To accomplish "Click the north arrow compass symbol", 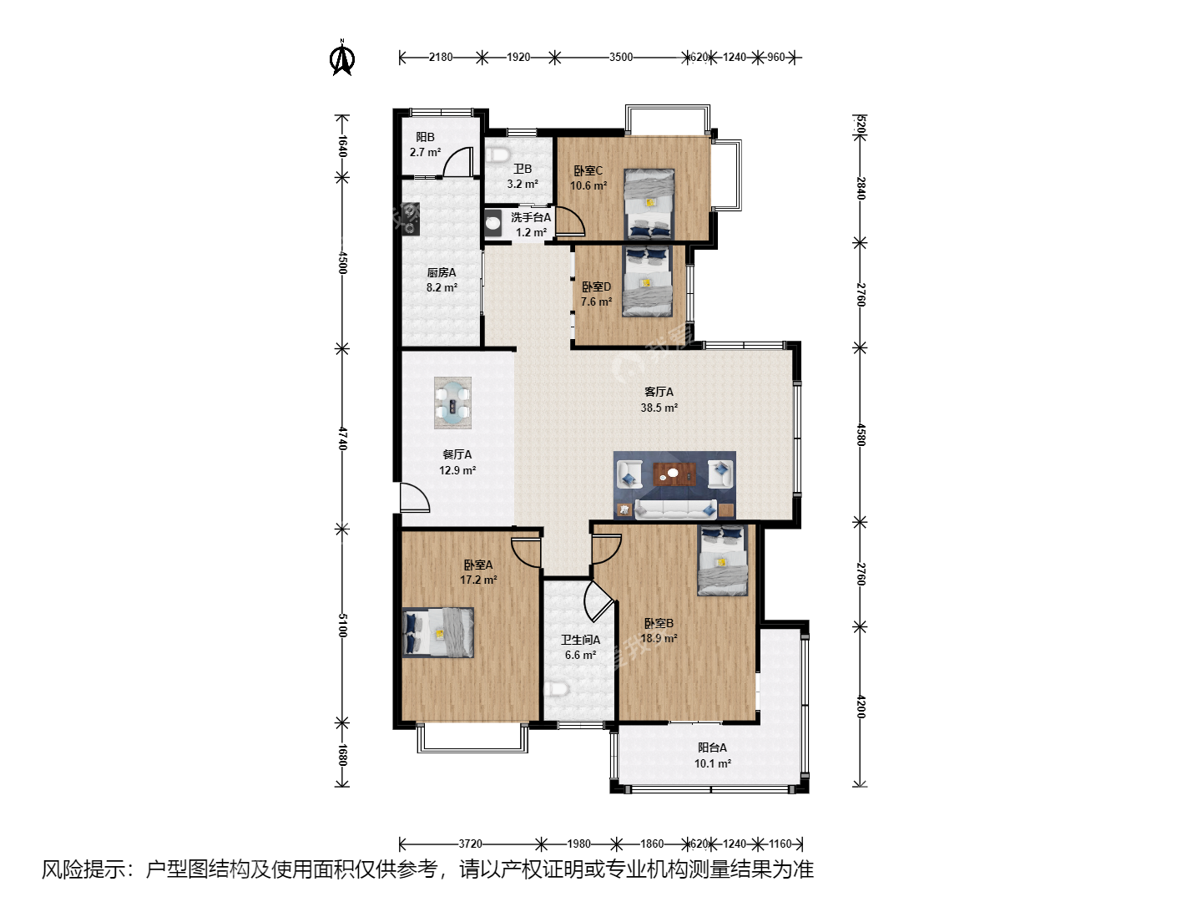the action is [x=341, y=58].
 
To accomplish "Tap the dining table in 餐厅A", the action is [x=453, y=403].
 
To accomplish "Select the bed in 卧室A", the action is [x=438, y=632].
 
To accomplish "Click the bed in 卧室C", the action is [x=649, y=204].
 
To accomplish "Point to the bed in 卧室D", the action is [x=647, y=281].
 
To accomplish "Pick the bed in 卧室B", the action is [x=722, y=560].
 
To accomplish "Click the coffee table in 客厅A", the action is [x=674, y=474].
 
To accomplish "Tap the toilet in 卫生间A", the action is [x=557, y=688].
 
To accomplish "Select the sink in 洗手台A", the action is [x=492, y=223].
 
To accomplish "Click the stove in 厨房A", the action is [x=411, y=219].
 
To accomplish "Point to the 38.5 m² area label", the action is [x=659, y=408].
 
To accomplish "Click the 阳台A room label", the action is [x=712, y=747].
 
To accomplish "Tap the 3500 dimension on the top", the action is [x=621, y=57].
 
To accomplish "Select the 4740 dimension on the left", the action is [x=342, y=438].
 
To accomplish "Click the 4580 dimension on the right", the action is [x=861, y=435].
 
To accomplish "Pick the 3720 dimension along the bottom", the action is [x=470, y=844].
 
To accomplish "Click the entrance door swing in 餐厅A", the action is [x=415, y=497].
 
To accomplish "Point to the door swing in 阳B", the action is [x=457, y=162].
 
